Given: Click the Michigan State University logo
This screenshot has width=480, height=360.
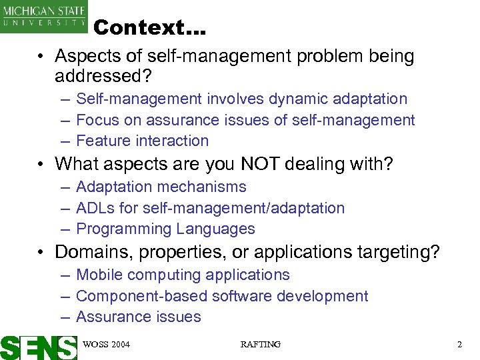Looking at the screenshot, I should (x=45, y=16).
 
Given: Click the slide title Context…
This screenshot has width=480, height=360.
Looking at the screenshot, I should (x=150, y=28).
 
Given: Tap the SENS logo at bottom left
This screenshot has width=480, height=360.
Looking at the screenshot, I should (x=38, y=347).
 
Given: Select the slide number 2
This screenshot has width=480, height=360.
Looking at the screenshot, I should (x=460, y=345).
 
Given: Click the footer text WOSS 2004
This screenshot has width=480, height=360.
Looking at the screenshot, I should (x=106, y=345).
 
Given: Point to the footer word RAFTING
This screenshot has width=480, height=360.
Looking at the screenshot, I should (x=260, y=345).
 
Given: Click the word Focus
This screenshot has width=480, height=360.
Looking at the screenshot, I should (x=97, y=120).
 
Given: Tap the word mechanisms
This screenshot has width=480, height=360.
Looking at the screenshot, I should (x=206, y=187).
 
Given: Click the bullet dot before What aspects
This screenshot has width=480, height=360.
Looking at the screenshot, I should (x=41, y=164).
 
